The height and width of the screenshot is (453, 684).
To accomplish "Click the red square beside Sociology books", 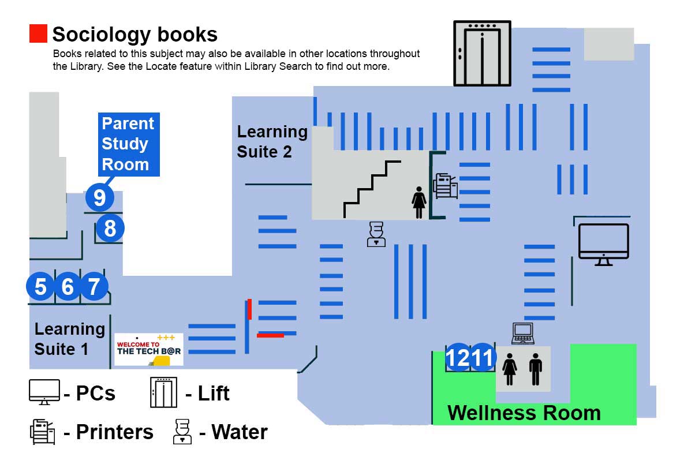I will pos(38,33).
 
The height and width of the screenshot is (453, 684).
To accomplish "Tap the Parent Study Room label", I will pos(128,144).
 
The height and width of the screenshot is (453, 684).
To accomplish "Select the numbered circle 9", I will pos(100,197).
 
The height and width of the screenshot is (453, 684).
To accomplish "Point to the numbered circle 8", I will pos(110,229).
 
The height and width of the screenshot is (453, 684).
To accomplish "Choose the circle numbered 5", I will pos(40,286).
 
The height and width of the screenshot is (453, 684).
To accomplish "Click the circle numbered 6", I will pos(68,286).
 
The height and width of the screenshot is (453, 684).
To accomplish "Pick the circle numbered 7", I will pos(94,286).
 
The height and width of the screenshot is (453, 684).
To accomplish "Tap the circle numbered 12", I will pos(458,358).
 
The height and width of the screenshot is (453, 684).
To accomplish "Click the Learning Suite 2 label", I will pos(272,141).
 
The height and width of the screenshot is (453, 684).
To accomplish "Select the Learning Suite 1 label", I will pos(69,339).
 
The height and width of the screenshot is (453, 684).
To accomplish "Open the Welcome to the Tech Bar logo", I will pos(149,349).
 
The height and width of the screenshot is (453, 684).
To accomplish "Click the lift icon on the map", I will pos(482,53).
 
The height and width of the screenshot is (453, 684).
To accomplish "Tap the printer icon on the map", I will pos(446,186).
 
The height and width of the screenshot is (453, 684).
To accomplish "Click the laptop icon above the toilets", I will pos(523,333).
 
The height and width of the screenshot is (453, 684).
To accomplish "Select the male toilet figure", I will pos(536,369).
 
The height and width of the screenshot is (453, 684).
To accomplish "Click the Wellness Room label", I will pos(524,413).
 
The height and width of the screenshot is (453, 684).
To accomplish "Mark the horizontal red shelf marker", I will pos(270,335).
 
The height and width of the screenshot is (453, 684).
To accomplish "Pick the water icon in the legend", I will pos(182,432).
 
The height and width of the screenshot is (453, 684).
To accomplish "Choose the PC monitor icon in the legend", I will pos(44,392).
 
